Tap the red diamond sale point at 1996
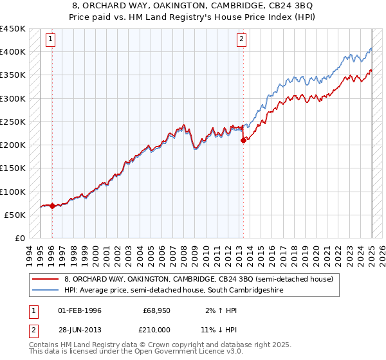[51, 206]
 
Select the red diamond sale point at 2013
[243, 140]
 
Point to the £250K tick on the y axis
[13, 122]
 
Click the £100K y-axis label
[13, 192]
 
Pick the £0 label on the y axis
[19, 238]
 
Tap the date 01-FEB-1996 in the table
[80, 310]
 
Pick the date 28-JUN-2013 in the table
[80, 330]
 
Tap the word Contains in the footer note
[46, 345]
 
